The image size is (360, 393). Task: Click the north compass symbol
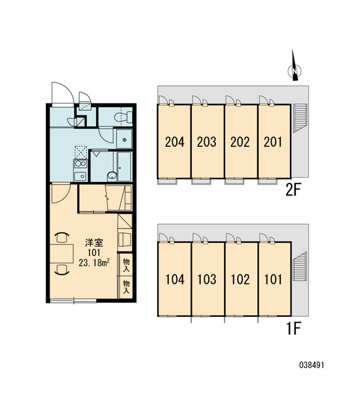pyautogui.click(x=295, y=67)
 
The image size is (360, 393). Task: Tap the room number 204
pyautogui.click(x=175, y=142)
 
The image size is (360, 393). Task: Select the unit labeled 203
pyautogui.click(x=207, y=142)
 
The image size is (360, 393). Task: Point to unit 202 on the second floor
pyautogui.click(x=240, y=142)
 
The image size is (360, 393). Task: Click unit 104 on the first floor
pyautogui.click(x=175, y=280)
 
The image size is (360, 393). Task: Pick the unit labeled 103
pyautogui.click(x=207, y=280)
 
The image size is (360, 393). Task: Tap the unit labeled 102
pyautogui.click(x=240, y=280)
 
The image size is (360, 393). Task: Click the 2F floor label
pyautogui.click(x=293, y=190)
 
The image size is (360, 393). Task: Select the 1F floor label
pyautogui.click(x=294, y=328)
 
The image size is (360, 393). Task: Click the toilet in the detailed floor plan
pyautogui.click(x=123, y=117)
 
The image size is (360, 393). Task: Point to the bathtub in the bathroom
pyautogui.click(x=124, y=166)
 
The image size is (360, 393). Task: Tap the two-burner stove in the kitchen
pyautogui.click(x=81, y=164)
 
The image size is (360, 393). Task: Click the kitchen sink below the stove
pyautogui.click(x=81, y=176)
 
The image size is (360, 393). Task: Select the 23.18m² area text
pyautogui.click(x=94, y=263)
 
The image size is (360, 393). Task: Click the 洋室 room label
pyautogui.click(x=94, y=242)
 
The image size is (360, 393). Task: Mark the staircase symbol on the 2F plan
pyautogui.click(x=300, y=117)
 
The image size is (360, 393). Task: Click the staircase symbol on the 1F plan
pyautogui.click(x=300, y=267)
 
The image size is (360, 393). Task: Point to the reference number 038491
pyautogui.click(x=312, y=365)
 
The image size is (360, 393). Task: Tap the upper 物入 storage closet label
pyautogui.click(x=126, y=265)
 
